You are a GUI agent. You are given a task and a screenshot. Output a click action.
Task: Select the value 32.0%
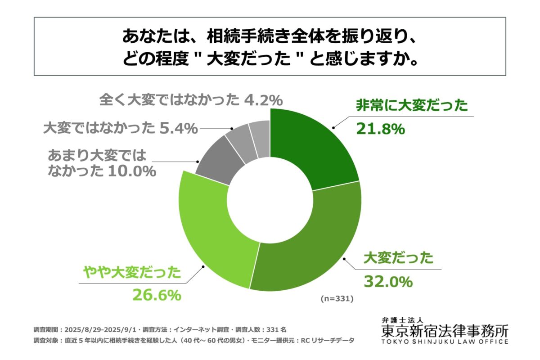click(387, 282)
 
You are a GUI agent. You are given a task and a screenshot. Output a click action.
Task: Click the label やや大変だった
click(132, 273)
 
